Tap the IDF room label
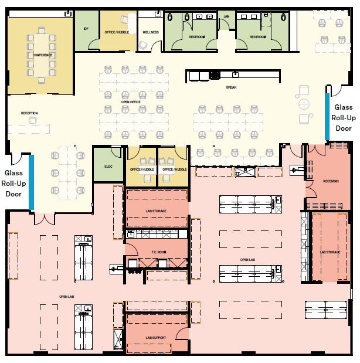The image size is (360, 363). tap(87, 29)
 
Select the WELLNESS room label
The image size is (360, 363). tap(151, 33)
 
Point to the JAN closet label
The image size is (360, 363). tap(226, 16)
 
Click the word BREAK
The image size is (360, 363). tap(231, 88)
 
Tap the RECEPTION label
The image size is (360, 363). tap(29, 113)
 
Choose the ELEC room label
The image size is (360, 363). tap(108, 167)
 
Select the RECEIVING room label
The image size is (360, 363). tap(331, 181)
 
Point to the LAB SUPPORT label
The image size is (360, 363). tap(155, 338)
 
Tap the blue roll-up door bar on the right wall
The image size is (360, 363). tap(327, 114)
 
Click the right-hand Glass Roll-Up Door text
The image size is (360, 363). tap(343, 117)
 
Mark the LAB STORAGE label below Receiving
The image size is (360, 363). tap(330, 252)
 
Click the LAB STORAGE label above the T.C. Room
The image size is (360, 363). tap(157, 209)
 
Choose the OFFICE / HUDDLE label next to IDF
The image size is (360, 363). tap(117, 32)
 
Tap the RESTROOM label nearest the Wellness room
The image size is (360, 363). tap(196, 37)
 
